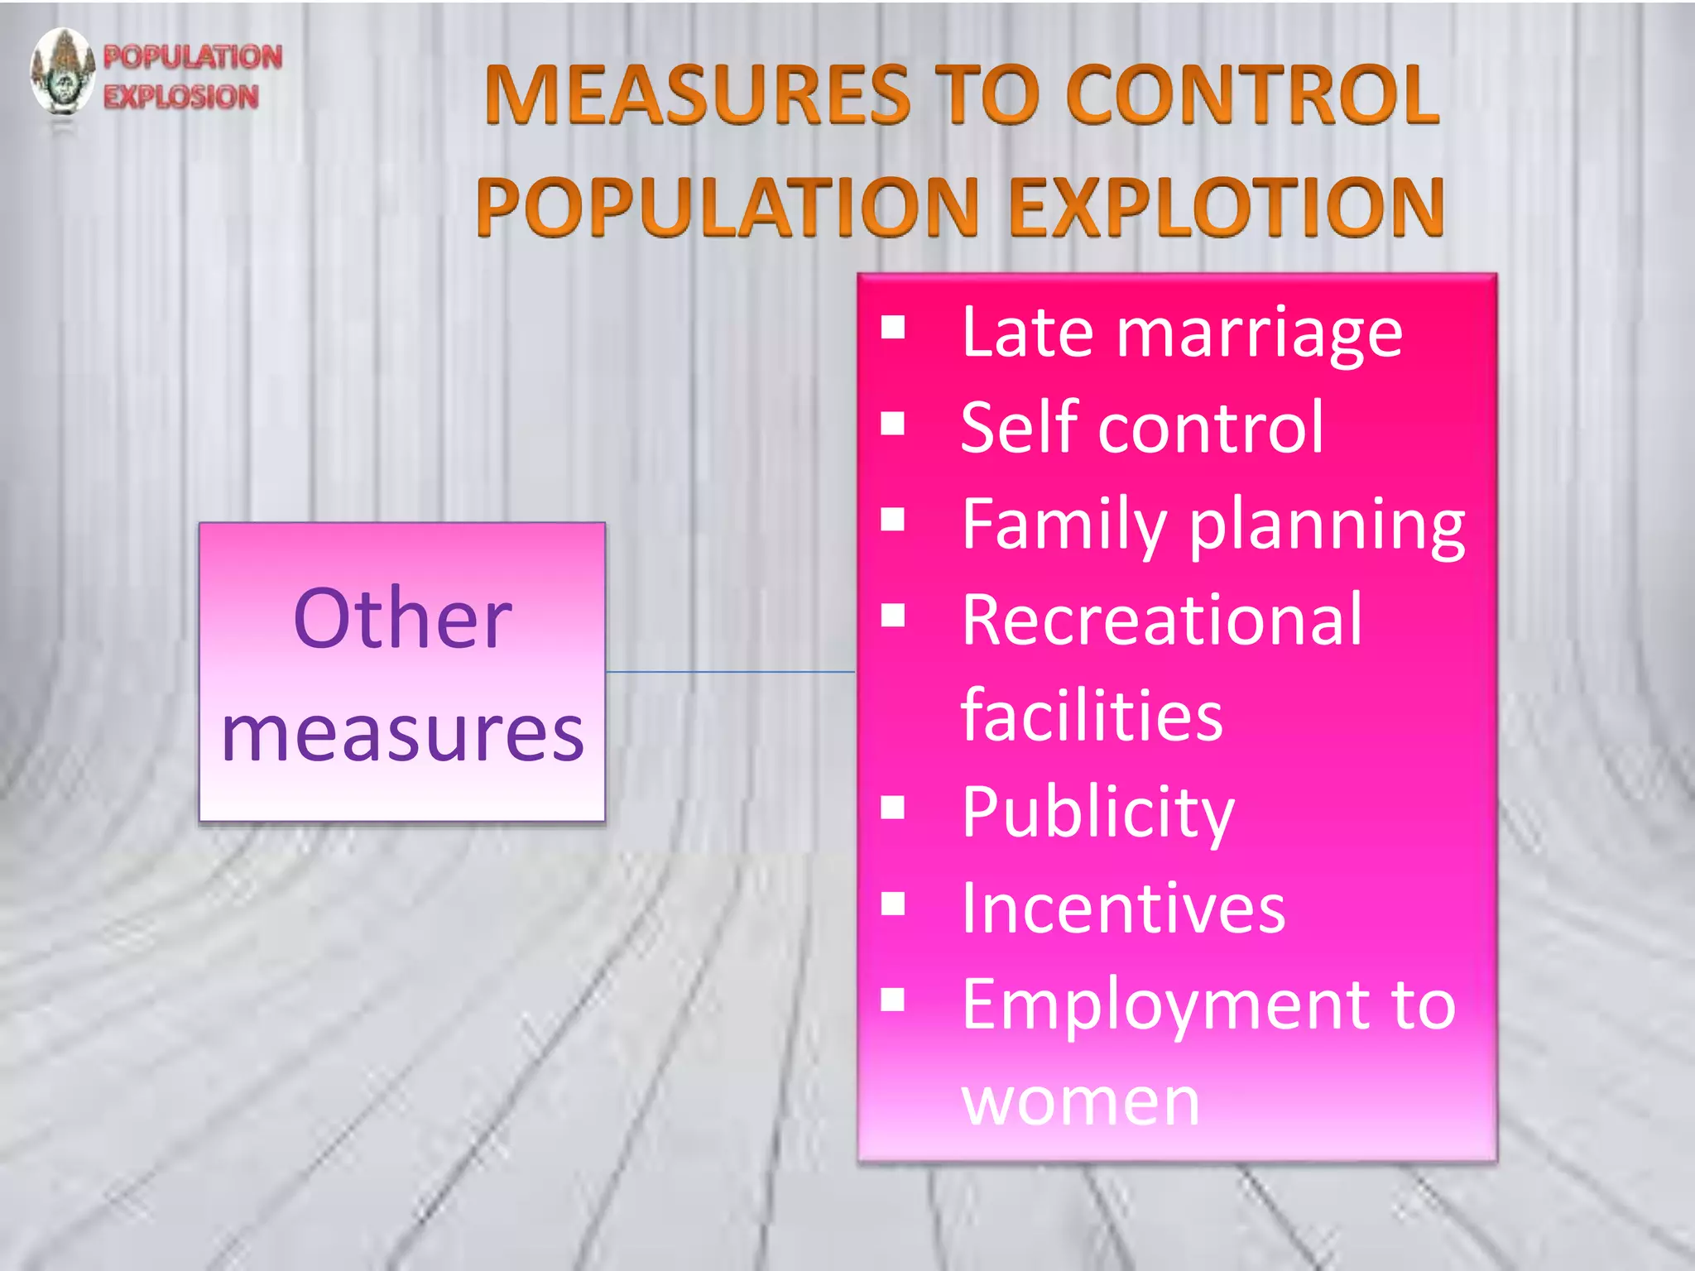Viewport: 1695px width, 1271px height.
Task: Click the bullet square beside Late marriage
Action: pyautogui.click(x=893, y=329)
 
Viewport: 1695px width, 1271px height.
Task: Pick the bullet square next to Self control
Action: pyautogui.click(x=893, y=424)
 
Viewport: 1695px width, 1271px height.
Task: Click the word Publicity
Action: pyautogui.click(x=1097, y=813)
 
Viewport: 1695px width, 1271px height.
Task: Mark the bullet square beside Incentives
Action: pyautogui.click(x=893, y=904)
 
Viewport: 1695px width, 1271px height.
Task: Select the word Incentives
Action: pyautogui.click(x=1123, y=909)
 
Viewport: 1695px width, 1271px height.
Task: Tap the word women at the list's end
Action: pyautogui.click(x=1080, y=1102)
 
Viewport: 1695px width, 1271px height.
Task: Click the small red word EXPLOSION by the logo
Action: pyautogui.click(x=181, y=97)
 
